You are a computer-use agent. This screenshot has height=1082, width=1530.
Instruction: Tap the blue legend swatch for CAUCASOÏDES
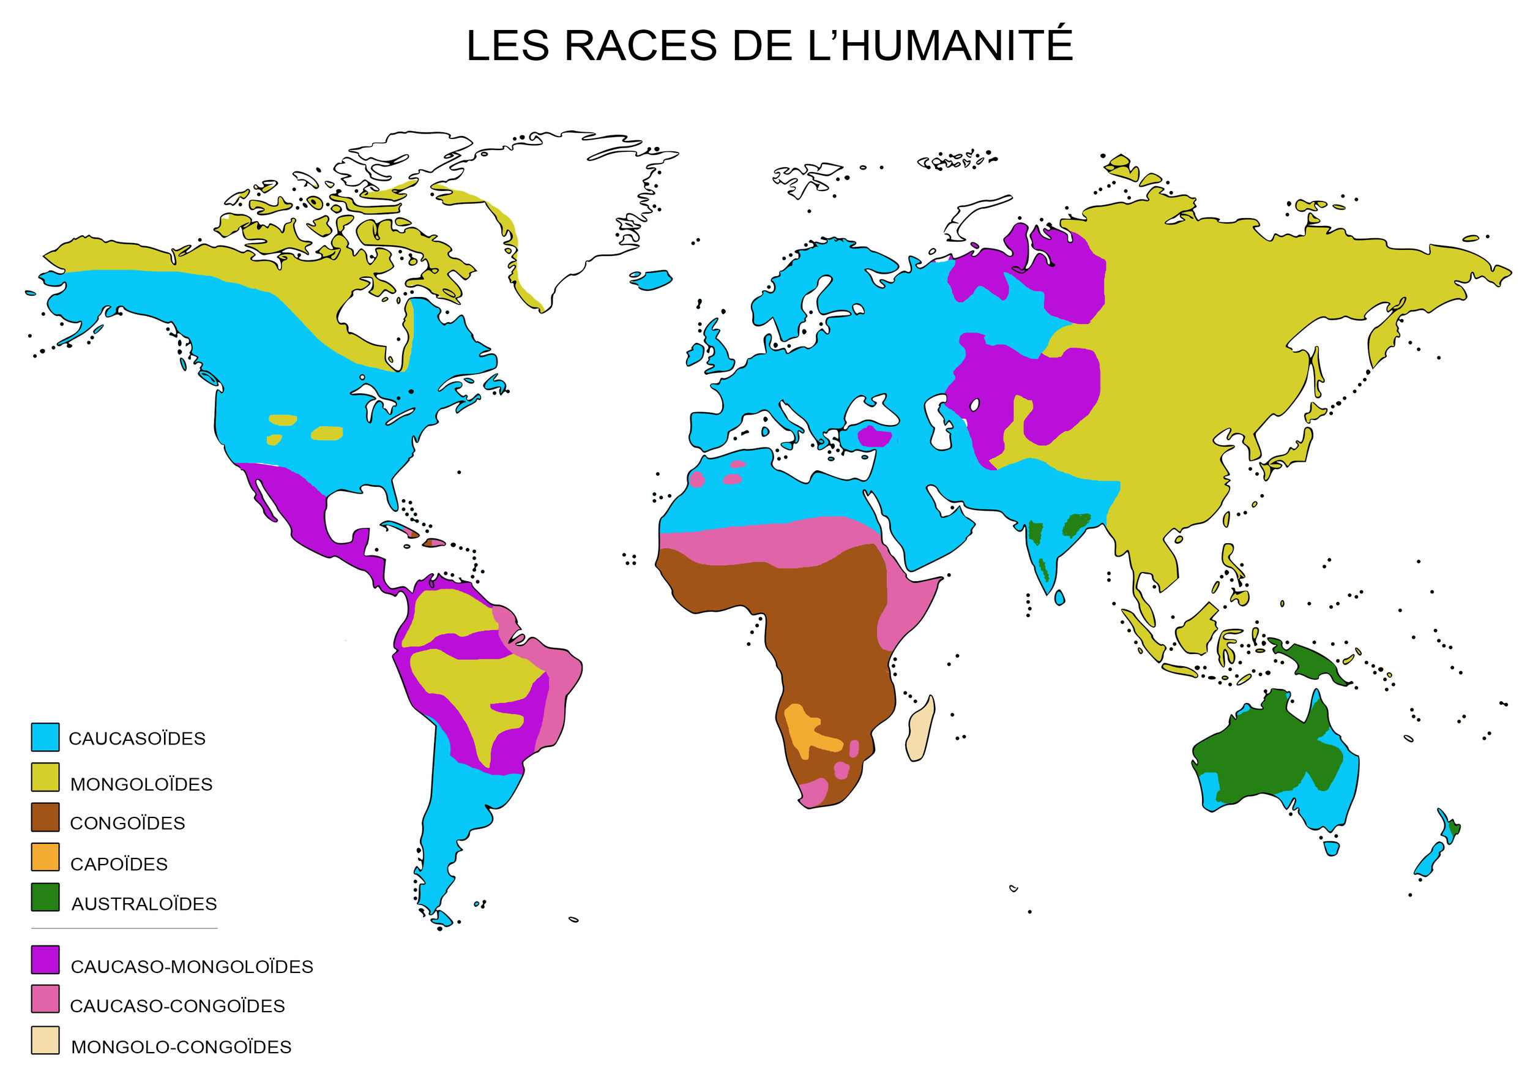pyautogui.click(x=45, y=737)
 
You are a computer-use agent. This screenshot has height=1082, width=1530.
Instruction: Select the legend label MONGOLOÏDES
pyautogui.click(x=141, y=784)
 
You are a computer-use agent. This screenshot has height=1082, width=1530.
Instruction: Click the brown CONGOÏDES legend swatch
pyautogui.click(x=45, y=817)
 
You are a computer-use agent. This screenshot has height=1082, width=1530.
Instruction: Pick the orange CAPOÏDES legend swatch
pyautogui.click(x=45, y=857)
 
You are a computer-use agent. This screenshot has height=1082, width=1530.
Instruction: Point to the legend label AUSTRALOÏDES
pyautogui.click(x=144, y=904)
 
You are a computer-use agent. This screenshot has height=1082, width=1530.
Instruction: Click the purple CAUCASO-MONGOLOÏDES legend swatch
pyautogui.click(x=45, y=960)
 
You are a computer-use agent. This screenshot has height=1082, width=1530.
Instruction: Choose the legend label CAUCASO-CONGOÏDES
pyautogui.click(x=177, y=1006)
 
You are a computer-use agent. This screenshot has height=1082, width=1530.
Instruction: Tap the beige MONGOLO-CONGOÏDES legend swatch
pyautogui.click(x=45, y=1040)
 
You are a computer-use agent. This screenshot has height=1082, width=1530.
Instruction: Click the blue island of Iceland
pyautogui.click(x=652, y=279)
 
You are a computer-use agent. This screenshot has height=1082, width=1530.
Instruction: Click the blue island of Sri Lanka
pyautogui.click(x=1059, y=597)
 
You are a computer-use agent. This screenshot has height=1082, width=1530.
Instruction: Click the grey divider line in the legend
pyautogui.click(x=124, y=928)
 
